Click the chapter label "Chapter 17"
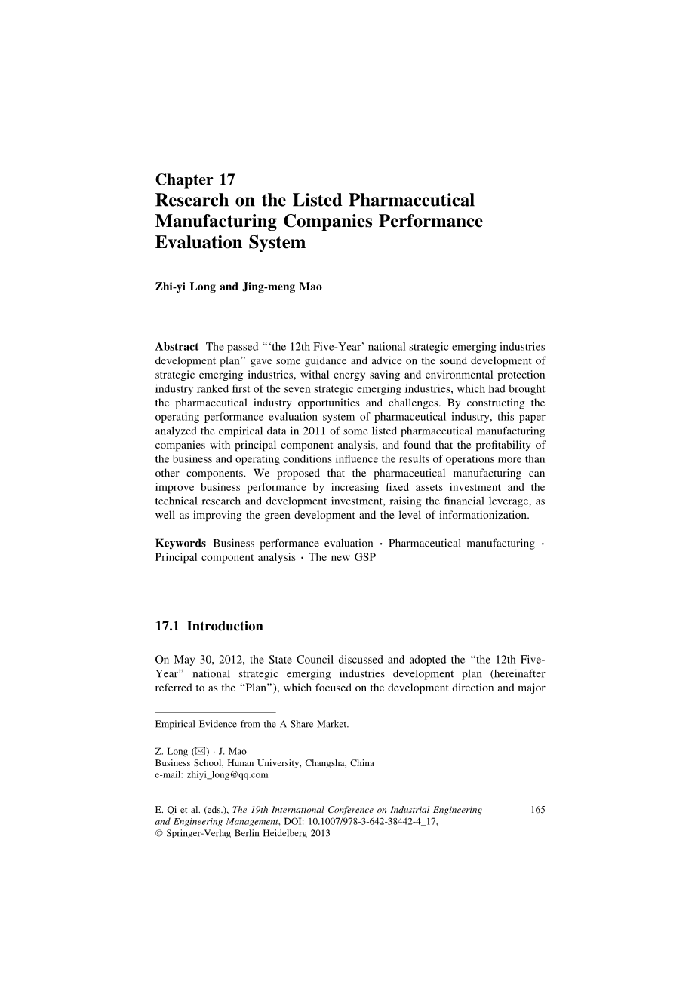coord(195,179)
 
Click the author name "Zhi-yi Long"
coord(185,287)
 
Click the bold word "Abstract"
coord(177,347)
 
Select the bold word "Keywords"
coord(180,543)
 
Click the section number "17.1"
coord(168,626)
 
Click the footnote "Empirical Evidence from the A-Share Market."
coord(252,724)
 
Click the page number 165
coord(538,811)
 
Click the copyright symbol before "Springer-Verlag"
coord(158,835)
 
